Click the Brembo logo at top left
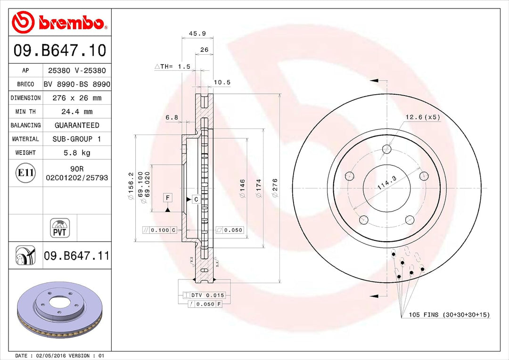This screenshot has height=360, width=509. tap(59, 22)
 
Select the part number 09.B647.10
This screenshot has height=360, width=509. tap(60, 50)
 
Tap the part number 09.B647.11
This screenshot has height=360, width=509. tap(76, 256)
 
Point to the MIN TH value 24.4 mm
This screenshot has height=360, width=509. tap(77, 112)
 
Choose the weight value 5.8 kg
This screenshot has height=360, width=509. tap(77, 153)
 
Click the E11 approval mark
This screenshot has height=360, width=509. tap(25, 173)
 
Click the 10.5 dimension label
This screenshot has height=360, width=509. tap(222, 82)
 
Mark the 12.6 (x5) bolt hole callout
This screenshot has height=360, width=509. tap(423, 117)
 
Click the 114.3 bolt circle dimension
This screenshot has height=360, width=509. tap(387, 182)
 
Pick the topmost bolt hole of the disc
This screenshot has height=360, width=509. tap(387, 149)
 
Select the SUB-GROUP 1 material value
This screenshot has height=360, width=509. tap(77, 139)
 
